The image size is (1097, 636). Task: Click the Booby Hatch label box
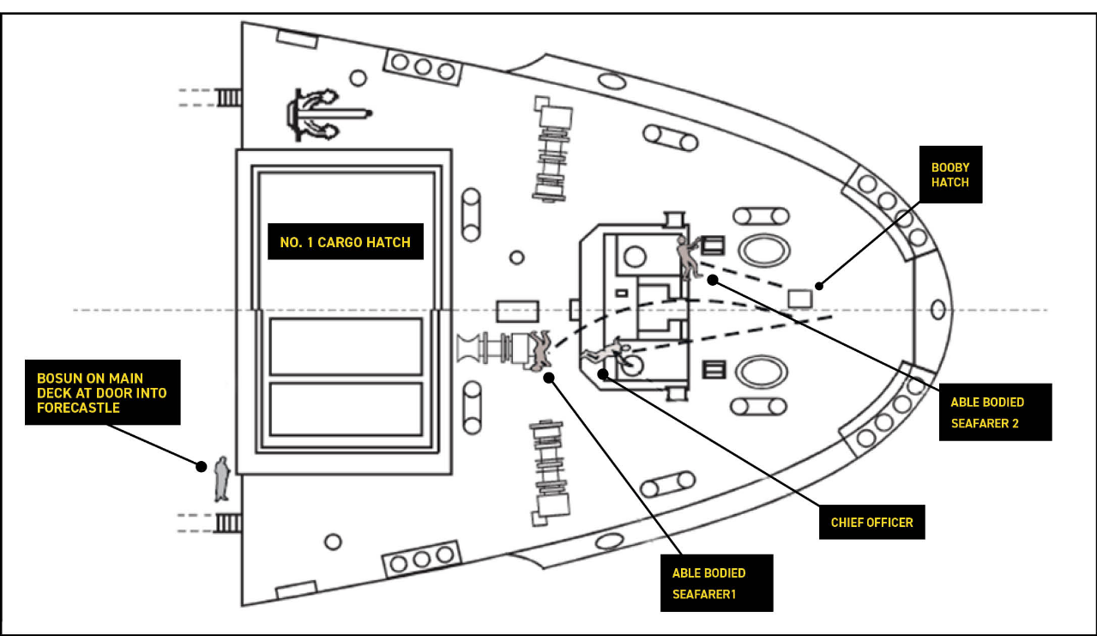click(950, 175)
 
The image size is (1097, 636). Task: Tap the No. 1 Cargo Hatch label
click(346, 243)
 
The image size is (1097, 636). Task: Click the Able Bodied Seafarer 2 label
click(995, 412)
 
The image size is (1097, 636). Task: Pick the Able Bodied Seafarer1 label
click(716, 583)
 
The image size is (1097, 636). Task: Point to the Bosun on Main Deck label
click(102, 392)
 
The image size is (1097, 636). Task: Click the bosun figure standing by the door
click(222, 479)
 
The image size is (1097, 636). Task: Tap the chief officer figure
click(606, 352)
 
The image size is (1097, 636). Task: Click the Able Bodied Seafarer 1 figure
click(539, 352)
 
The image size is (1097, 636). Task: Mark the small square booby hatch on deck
click(799, 299)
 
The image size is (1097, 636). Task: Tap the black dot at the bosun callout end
click(201, 466)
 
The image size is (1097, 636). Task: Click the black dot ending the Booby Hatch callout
click(819, 286)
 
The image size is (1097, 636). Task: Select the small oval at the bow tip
click(937, 309)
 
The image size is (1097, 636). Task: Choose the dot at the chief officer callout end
click(603, 373)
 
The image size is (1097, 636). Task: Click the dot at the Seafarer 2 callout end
click(711, 279)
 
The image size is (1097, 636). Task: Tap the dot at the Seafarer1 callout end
click(550, 375)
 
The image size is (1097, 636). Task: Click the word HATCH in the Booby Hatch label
click(950, 183)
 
